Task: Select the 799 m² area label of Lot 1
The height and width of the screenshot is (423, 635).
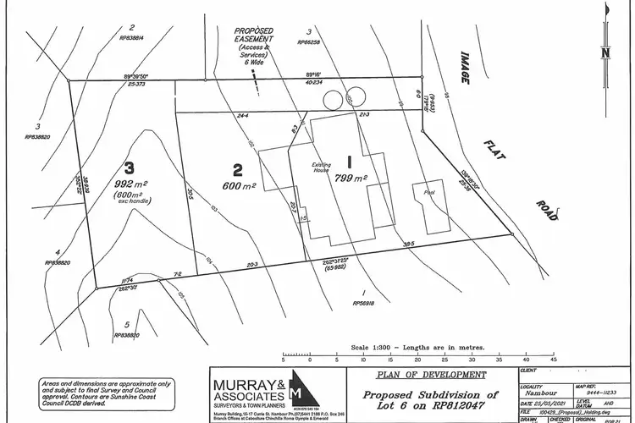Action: click(350, 178)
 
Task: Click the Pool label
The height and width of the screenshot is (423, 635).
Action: click(428, 194)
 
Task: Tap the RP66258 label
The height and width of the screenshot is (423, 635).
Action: click(310, 41)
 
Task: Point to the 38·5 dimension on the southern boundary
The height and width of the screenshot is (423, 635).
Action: click(410, 244)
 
